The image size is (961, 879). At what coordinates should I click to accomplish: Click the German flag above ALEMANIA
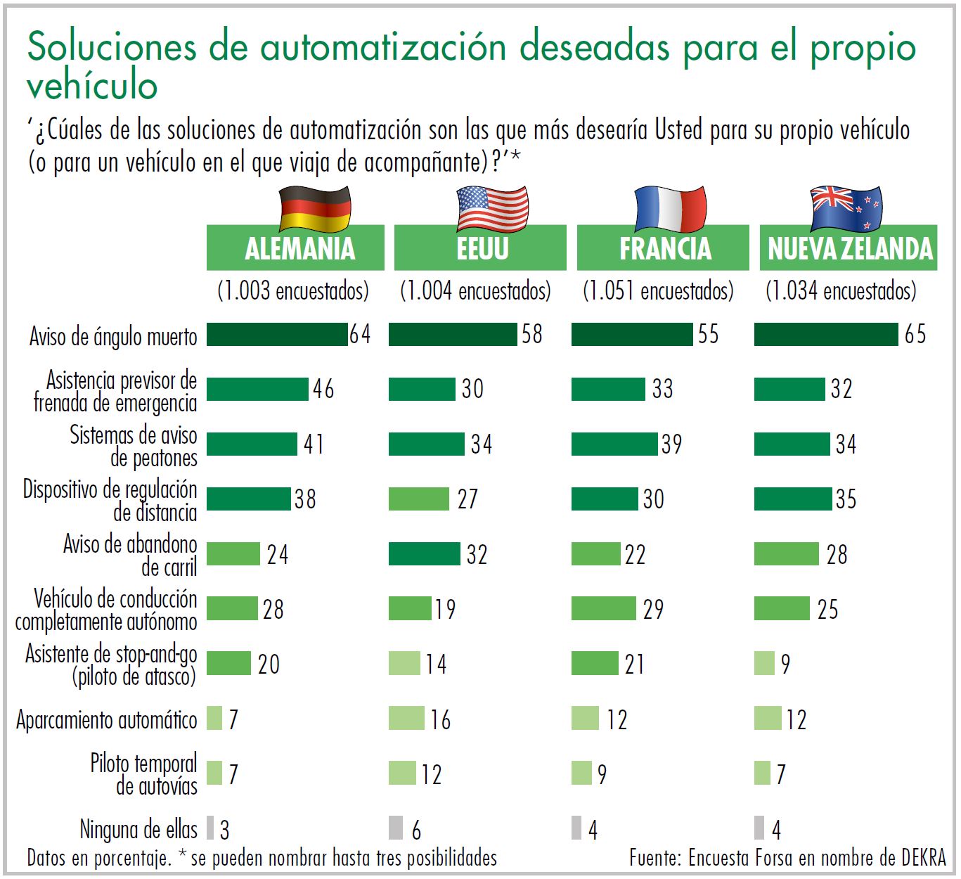pos(315,209)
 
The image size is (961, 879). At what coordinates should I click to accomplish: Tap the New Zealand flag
pos(845,209)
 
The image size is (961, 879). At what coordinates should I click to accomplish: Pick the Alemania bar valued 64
pos(277,335)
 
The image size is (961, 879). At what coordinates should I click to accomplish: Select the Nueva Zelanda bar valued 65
pos(826,335)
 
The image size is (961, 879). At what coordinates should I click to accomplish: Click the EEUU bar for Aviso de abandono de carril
pos(424,554)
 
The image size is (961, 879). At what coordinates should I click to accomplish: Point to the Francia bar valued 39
pos(615,444)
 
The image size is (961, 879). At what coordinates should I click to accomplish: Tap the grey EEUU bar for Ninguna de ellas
pos(396,828)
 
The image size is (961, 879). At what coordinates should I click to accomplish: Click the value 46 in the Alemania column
pos(323,389)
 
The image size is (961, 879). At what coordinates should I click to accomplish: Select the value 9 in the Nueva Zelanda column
pos(785,664)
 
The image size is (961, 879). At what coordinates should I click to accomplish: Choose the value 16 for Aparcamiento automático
pos(441,719)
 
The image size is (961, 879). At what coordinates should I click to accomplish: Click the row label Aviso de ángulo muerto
pos(113,337)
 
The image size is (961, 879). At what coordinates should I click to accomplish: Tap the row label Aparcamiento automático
pos(106,720)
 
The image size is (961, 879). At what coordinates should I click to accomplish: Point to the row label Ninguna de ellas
pos(138,830)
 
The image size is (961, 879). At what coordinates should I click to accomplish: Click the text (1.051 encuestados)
pos(658,290)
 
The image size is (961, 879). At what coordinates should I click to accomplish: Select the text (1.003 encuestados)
pos(293,290)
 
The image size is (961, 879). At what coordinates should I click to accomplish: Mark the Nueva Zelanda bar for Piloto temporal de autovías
pos(762,774)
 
